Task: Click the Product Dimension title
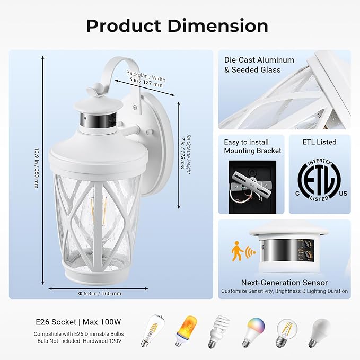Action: tap(177, 25)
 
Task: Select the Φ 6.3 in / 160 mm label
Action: tap(99, 293)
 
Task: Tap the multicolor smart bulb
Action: tap(252, 331)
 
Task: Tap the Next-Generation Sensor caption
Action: tap(284, 283)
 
